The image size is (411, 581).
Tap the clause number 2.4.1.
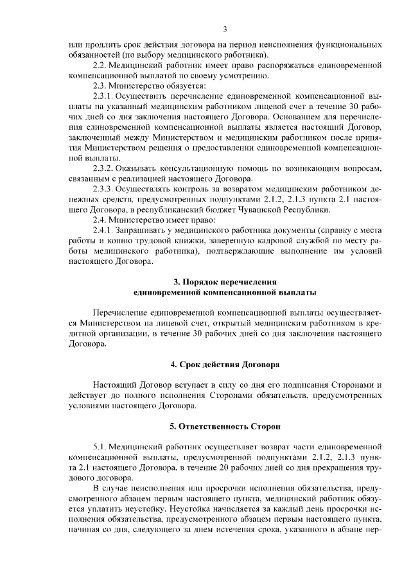point(104,230)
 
